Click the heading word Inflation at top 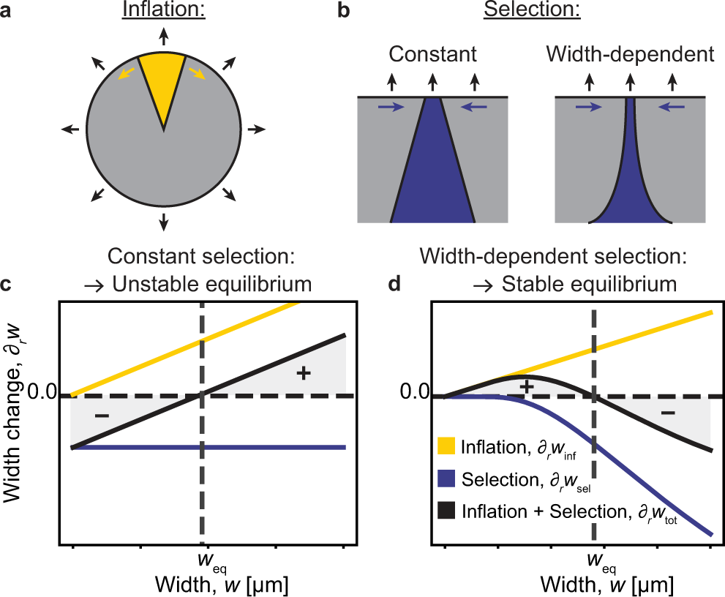pyautogui.click(x=164, y=12)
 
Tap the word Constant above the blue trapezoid pyautogui.click(x=432, y=56)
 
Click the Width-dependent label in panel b pyautogui.click(x=630, y=56)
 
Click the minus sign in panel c pyautogui.click(x=102, y=416)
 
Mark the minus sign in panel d pyautogui.click(x=668, y=413)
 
